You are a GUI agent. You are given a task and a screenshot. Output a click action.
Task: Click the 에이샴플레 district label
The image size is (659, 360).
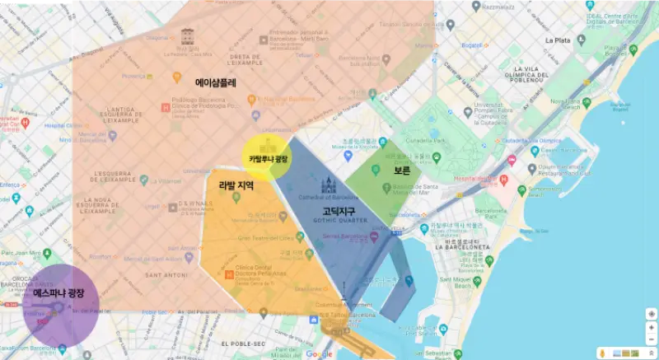click(216, 82)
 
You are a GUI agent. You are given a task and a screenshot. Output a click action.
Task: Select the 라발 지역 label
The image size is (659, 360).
click(236, 186)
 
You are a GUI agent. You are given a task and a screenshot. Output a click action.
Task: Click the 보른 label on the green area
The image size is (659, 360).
click(402, 171)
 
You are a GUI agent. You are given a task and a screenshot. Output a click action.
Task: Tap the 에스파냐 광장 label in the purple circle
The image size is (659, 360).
click(59, 292)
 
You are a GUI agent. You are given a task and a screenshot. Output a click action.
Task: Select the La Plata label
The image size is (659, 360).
click(559, 40)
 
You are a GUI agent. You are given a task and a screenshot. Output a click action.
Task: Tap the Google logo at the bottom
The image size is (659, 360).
click(320, 354)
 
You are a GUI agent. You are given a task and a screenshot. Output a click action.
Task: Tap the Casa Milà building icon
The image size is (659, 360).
click(187, 36)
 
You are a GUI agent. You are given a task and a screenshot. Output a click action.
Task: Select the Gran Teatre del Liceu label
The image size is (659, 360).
click(267, 239)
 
